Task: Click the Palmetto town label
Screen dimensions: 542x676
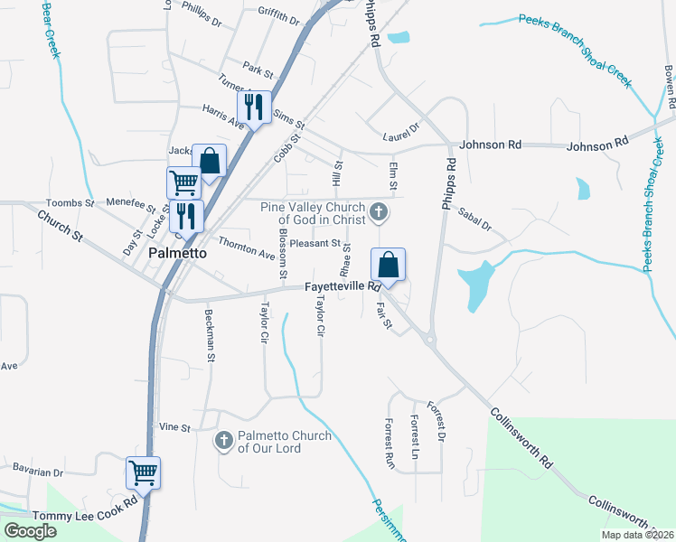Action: [x=177, y=254]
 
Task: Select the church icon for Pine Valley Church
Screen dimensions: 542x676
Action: [x=380, y=213]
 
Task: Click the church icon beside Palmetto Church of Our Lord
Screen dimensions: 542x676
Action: [x=223, y=441]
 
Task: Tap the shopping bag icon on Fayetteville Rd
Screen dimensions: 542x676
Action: [x=388, y=266]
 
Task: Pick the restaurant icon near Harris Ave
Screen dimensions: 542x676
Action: [x=254, y=107]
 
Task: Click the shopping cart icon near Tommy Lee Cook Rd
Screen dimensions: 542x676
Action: [x=143, y=472]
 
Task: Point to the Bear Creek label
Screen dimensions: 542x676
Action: [x=52, y=29]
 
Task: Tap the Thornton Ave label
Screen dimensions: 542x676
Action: [x=246, y=248]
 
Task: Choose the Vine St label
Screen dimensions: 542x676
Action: [x=174, y=426]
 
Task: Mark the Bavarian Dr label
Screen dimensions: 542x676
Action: [x=38, y=471]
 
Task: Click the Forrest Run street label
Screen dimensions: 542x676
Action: [x=390, y=442]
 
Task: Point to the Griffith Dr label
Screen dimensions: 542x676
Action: [x=277, y=15]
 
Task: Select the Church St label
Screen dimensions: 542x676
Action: [x=60, y=227]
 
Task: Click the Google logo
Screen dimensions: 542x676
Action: [x=30, y=530]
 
